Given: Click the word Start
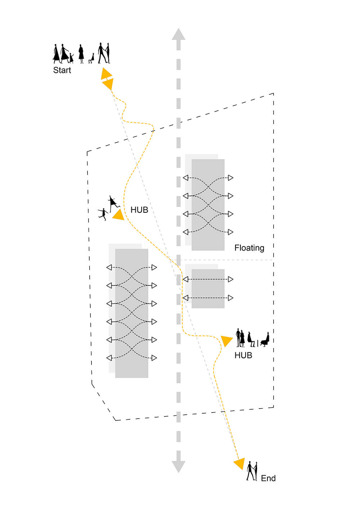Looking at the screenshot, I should coord(62,70).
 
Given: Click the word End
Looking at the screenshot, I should coord(268,478).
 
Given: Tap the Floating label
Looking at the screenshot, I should coord(249,248).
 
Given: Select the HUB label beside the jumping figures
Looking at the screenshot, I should coord(139,210).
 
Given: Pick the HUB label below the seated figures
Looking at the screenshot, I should coord(243,355).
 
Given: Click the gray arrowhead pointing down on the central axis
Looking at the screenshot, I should coord(178,467).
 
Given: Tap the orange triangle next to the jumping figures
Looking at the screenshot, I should coord(118,215).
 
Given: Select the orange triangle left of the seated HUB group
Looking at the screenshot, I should coord(226,341).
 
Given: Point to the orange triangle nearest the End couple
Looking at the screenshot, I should coord(239,463).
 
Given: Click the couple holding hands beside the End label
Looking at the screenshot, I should coord(252,471).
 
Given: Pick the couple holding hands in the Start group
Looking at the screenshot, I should coord(104,53).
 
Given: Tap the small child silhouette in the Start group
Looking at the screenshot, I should coord(71,58).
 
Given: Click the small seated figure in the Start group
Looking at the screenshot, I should coord(91,59).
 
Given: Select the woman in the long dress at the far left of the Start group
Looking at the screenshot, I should coord(56,54).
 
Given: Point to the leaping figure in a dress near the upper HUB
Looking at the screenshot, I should coord(113,203).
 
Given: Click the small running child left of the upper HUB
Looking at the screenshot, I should coord(103,214).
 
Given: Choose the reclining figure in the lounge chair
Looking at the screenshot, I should coord(265,339).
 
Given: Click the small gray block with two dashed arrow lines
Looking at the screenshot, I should coord(208,289).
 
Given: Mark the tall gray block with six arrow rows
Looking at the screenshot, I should coord(131,313).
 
